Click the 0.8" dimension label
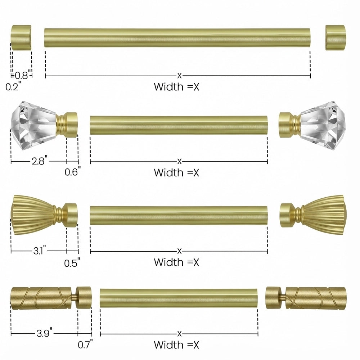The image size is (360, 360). click(x=22, y=76)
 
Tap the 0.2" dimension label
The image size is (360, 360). click(x=13, y=86)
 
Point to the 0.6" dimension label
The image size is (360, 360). click(x=72, y=172)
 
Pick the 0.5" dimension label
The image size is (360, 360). click(x=72, y=263)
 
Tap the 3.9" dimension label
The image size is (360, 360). click(x=44, y=333)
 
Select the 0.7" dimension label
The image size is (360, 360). click(x=85, y=345)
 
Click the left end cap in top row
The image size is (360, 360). click(x=21, y=37)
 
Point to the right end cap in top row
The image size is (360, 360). click(x=335, y=37)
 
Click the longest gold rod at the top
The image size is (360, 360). click(x=177, y=38)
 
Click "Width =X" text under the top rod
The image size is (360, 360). click(x=176, y=87)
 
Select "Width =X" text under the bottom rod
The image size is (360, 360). click(x=176, y=345)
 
